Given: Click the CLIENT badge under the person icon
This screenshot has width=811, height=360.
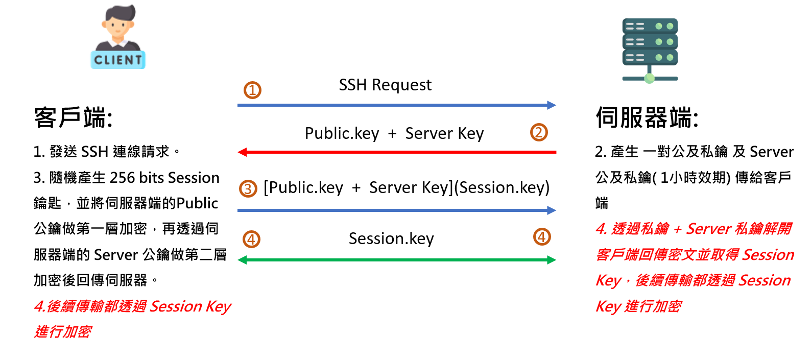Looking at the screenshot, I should coord(118,60).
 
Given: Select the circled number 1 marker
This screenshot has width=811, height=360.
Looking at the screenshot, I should coord(252,90).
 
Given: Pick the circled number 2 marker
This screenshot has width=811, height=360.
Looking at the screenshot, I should coord(539,132).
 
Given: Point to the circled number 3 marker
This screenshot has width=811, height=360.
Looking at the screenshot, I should coord(248,189).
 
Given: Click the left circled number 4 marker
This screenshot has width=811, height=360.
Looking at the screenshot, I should coord(251,239).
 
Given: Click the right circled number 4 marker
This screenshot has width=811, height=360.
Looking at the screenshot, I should coord(542,237).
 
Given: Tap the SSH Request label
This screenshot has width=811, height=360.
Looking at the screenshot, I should coord(385,85).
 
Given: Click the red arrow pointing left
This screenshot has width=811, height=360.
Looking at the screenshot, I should coord(396,152).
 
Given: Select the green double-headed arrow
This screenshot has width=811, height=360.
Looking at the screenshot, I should coord(396,260).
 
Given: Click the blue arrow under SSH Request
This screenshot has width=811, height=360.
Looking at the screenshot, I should coord(396,105).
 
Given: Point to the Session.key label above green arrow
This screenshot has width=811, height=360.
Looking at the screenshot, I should coord(391,238).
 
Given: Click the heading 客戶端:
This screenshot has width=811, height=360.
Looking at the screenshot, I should coord(74,118).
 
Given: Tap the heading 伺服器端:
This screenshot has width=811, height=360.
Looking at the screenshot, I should coord(647,118).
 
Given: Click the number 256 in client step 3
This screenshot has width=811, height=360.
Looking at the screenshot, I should coord(123,178).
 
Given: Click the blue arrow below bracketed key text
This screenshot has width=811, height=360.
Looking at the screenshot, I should coord(396,210).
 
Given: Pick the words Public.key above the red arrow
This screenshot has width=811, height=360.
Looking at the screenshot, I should coord(342,133).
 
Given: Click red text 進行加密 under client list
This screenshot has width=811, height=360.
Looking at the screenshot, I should coord(63,332).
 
